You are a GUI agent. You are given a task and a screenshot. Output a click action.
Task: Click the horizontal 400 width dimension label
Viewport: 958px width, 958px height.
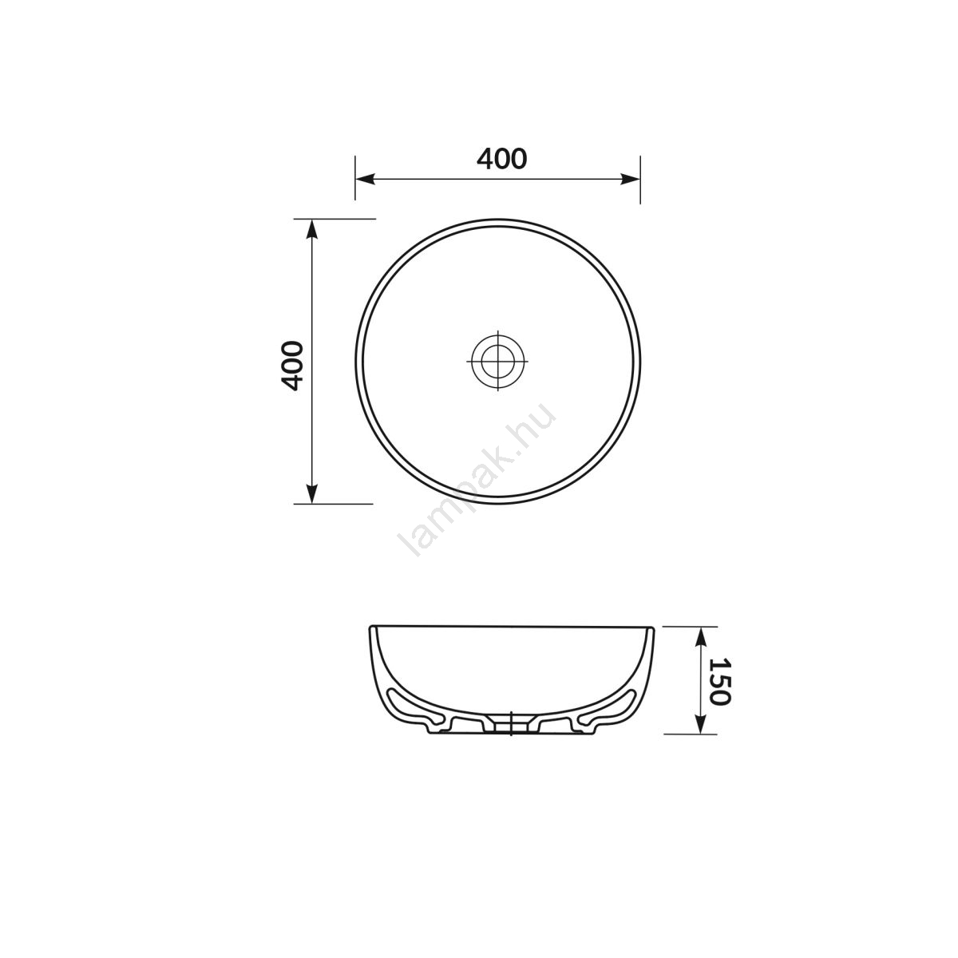pos(501,159)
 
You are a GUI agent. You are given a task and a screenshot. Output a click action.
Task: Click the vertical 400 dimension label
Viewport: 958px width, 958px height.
pos(292,366)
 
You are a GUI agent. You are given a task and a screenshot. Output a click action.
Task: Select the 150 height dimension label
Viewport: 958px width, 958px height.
pos(720,681)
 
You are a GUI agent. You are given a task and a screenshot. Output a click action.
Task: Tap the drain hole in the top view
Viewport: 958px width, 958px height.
pos(497,361)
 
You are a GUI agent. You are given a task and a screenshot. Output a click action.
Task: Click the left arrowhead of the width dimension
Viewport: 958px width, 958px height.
pos(365,179)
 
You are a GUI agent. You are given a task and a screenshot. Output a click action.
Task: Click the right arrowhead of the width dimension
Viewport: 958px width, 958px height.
pos(631,179)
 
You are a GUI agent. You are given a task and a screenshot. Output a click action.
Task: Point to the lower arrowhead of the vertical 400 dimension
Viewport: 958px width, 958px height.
pos(311,493)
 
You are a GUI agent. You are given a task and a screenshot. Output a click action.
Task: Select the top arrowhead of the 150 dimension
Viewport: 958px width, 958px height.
pos(700,636)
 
